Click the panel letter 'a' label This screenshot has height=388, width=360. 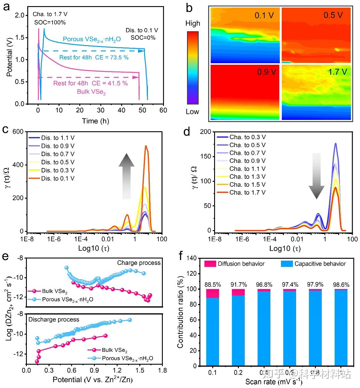6,6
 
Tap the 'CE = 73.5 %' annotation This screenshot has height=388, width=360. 112,57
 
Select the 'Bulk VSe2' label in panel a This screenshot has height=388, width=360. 91,92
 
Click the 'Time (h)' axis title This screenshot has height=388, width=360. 95,121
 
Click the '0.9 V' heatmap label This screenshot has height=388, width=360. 266,71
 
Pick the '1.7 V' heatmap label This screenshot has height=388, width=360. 338,72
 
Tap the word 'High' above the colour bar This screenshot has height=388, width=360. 193,23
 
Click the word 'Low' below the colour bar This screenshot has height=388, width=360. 193,112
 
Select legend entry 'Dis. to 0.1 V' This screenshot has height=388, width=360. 58,178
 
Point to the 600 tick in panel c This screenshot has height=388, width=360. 18,132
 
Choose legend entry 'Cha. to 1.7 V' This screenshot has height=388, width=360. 247,193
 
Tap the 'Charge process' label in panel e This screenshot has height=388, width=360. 139,263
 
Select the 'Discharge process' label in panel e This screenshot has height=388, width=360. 54,319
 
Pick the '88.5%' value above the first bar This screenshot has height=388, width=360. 213,285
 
